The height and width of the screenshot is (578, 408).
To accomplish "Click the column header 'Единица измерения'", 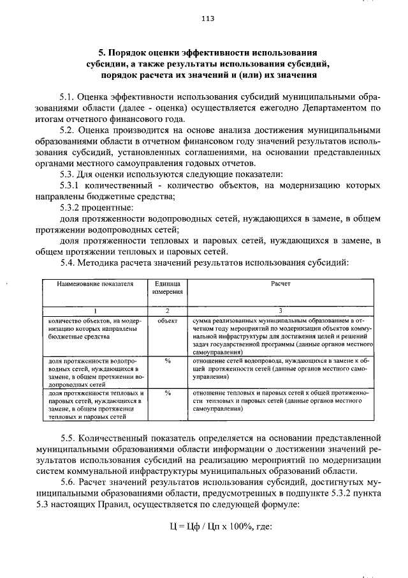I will pyautogui.click(x=167, y=287).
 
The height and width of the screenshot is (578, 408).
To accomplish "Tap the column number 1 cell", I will pyautogui.click(x=94, y=309).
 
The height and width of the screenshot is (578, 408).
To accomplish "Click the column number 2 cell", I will pyautogui.click(x=167, y=309).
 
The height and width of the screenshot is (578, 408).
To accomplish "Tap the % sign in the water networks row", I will pyautogui.click(x=167, y=361).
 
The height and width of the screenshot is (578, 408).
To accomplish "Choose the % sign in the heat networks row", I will pyautogui.click(x=167, y=393).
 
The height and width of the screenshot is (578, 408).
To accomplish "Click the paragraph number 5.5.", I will pyautogui.click(x=69, y=439).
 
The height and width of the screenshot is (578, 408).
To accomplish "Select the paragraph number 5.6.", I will pyautogui.click(x=69, y=482).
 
